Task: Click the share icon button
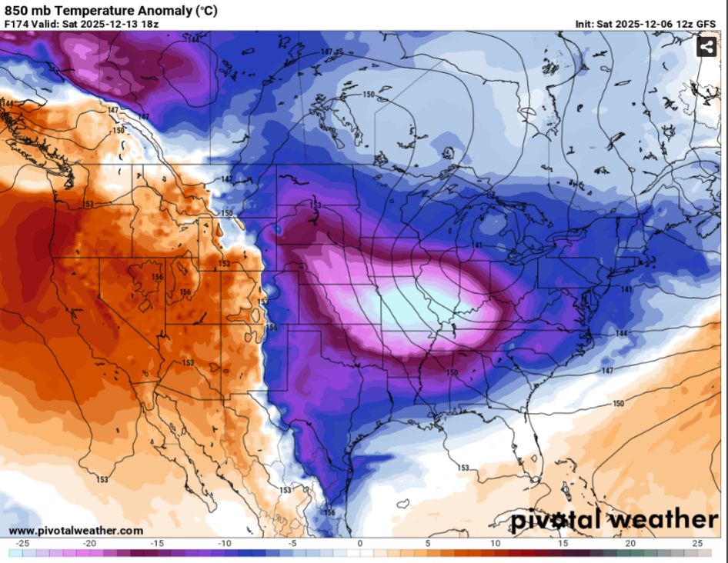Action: click(x=706, y=47)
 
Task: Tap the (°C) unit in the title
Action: click(x=207, y=11)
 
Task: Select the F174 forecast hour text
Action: click(x=18, y=24)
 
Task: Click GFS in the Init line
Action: click(x=704, y=24)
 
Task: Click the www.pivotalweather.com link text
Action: click(x=75, y=531)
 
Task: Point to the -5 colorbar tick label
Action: click(x=292, y=543)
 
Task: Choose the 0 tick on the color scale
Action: click(x=359, y=543)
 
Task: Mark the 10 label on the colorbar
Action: click(x=496, y=543)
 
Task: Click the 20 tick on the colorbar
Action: click(x=631, y=543)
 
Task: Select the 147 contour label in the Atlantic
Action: click(x=607, y=371)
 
